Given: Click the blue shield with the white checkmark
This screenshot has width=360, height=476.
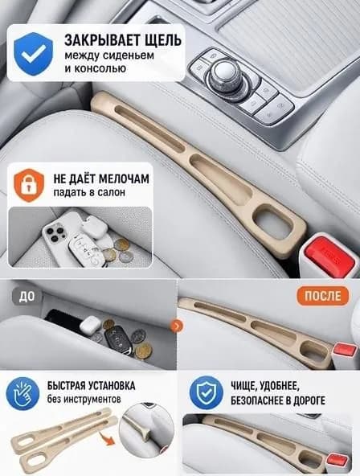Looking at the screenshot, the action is coord(34,53).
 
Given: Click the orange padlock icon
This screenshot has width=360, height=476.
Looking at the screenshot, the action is coord(29,185).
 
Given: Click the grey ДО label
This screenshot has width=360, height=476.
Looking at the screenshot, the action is coord(27,296).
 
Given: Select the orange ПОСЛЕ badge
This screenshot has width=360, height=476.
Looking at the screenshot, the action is coord(323,295).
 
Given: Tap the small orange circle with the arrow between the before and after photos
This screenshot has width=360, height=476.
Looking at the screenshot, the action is coord(177,326).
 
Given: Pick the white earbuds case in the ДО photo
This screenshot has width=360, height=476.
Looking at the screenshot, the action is coord(90,324).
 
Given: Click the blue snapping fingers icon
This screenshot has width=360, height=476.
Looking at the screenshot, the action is coord(23,393).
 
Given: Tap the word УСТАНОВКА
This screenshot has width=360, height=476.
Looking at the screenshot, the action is coord(112,386).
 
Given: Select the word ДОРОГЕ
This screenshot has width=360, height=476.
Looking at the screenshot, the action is coord(307,400).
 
